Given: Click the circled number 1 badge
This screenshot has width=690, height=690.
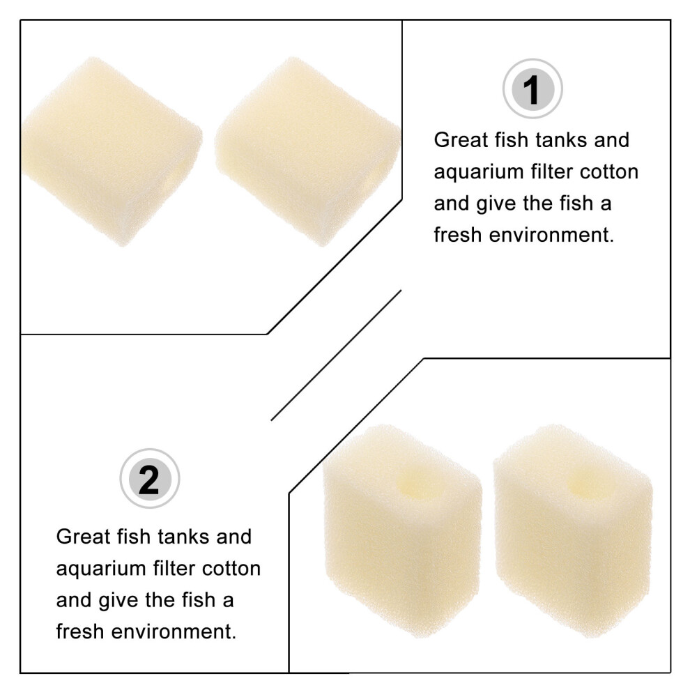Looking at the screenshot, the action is point(532,89).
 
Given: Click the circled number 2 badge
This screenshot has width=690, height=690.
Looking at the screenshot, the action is point(150,478).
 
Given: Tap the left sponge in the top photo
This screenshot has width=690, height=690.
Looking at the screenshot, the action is point(111,151).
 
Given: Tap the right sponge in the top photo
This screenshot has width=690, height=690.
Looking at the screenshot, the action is point(307,151).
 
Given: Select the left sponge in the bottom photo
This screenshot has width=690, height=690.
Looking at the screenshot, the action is point(402,530).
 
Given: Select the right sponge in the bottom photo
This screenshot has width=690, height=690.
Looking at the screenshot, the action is point(572,530).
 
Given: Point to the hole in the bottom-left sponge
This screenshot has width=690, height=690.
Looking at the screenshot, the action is point(416,482).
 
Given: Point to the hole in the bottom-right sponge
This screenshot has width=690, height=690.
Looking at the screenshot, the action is point(587,482).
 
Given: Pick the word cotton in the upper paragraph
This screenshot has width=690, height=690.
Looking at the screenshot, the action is point(608,171).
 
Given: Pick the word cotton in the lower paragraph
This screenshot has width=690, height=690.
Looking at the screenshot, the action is point(231,568).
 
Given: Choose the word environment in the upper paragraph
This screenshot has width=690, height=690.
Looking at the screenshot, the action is point(551,235).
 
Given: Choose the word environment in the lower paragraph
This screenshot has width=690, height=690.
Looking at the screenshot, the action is point(174,631).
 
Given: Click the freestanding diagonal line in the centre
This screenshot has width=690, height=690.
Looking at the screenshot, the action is point(336,355).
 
